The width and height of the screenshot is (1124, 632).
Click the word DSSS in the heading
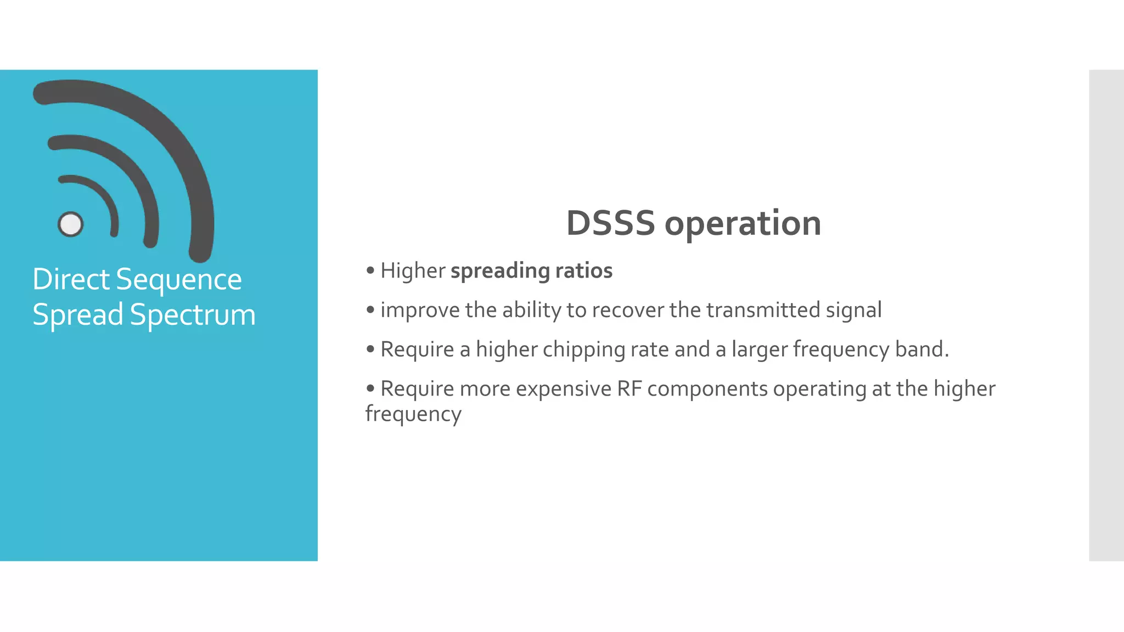click(610, 223)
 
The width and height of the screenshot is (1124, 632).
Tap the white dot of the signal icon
click(70, 224)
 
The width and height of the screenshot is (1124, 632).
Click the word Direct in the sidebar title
click(71, 279)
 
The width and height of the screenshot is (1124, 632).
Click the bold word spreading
click(499, 271)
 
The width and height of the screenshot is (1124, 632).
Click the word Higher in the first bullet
click(413, 271)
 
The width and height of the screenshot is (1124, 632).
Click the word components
click(707, 390)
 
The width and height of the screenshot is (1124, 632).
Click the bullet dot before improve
click(370, 310)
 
